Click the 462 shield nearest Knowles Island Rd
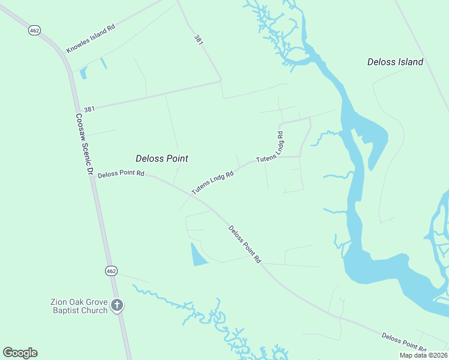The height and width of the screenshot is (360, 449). (34, 30)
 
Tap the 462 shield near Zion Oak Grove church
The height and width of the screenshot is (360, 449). (110, 271)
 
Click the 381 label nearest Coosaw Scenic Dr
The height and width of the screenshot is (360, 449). (89, 109)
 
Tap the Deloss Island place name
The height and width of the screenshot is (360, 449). (396, 62)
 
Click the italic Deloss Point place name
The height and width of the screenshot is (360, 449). (161, 158)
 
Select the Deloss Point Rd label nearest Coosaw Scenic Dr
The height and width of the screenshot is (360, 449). (121, 173)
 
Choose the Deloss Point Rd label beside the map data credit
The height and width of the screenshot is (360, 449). (404, 342)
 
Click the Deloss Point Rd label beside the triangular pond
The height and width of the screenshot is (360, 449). (245, 244)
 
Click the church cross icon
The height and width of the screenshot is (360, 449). (117, 305)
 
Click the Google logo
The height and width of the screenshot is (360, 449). (20, 353)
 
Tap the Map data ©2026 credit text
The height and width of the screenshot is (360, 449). (423, 355)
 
